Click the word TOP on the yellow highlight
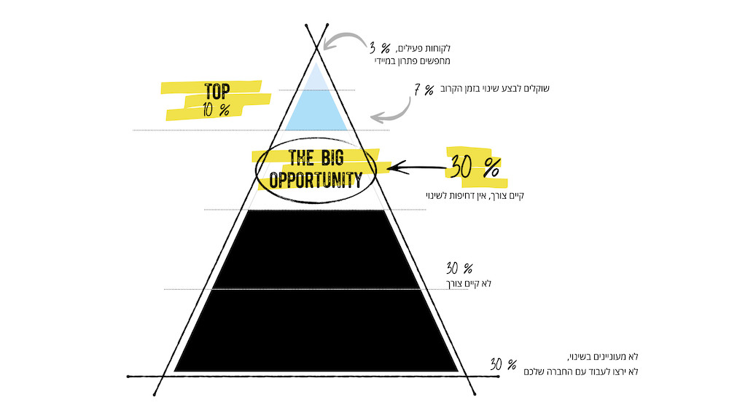pyautogui.click(x=217, y=91)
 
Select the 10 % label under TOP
pyautogui.click(x=217, y=109)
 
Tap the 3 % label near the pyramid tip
pyautogui.click(x=380, y=48)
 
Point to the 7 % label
pyautogui.click(x=424, y=90)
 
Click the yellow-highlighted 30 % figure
pyautogui.click(x=475, y=167)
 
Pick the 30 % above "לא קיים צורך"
pyautogui.click(x=459, y=268)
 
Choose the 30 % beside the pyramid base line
pyautogui.click(x=503, y=365)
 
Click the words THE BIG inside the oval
pyautogui.click(x=316, y=158)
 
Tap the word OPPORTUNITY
pyautogui.click(x=316, y=180)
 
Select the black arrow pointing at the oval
pyautogui.click(x=418, y=167)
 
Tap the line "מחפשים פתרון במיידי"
pyautogui.click(x=413, y=61)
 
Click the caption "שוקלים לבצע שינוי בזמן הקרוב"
pyautogui.click(x=495, y=88)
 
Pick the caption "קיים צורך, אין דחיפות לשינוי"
pyautogui.click(x=475, y=195)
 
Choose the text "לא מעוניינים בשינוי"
pyautogui.click(x=603, y=357)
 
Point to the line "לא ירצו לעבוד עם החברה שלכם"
pyautogui.click(x=581, y=371)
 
